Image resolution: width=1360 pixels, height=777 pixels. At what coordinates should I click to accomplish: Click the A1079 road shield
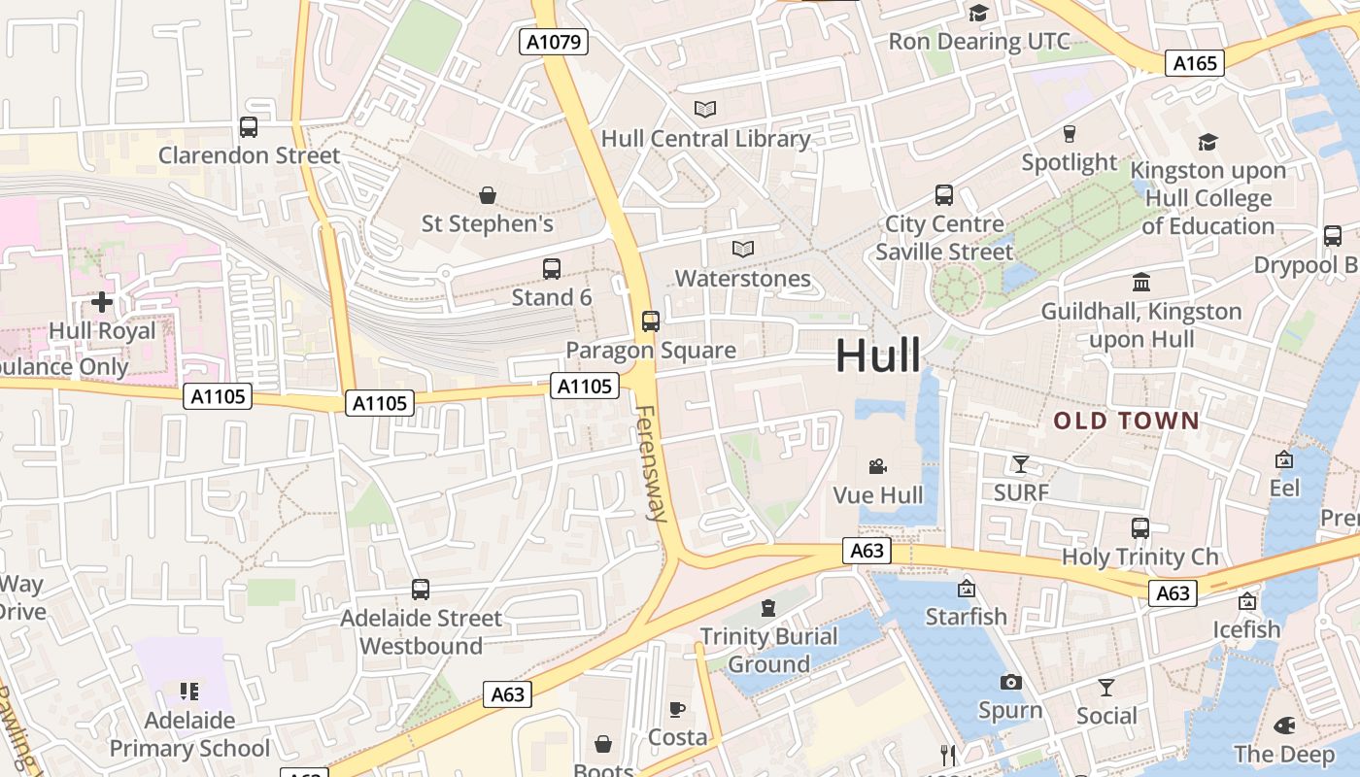click(553, 42)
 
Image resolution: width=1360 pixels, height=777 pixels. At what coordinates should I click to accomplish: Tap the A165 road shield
click(1195, 63)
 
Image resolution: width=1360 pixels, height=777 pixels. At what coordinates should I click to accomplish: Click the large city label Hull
click(877, 355)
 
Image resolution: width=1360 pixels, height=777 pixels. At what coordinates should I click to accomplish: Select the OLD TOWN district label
click(1127, 421)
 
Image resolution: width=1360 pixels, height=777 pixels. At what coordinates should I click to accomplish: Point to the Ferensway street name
click(648, 463)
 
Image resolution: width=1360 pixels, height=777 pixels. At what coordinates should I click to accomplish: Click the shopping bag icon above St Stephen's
click(488, 195)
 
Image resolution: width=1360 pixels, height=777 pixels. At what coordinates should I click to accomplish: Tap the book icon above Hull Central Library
click(705, 110)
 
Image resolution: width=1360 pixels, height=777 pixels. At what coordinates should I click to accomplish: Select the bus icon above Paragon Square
click(651, 321)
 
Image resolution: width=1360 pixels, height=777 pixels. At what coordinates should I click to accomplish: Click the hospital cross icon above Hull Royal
click(102, 302)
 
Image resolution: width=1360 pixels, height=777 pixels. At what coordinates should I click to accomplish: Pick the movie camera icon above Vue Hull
click(878, 466)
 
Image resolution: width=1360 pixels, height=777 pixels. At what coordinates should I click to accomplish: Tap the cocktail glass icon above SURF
click(1021, 463)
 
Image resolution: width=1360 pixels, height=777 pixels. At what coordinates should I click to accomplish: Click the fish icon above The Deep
click(1284, 726)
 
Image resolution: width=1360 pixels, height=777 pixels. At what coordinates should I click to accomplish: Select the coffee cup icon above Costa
click(677, 709)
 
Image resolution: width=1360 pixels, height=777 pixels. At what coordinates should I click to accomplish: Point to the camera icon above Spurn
click(1011, 682)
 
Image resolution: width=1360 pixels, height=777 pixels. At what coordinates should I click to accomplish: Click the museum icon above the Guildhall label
click(1141, 283)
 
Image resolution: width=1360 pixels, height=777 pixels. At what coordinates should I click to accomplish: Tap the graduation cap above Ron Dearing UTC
click(978, 13)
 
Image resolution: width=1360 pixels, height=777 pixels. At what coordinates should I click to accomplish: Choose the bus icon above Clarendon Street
click(249, 126)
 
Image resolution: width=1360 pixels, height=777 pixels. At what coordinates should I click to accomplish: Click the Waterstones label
click(743, 279)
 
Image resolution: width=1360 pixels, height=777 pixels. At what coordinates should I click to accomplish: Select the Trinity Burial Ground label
click(769, 650)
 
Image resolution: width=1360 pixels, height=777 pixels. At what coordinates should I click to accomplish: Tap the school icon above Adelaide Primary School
click(189, 692)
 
